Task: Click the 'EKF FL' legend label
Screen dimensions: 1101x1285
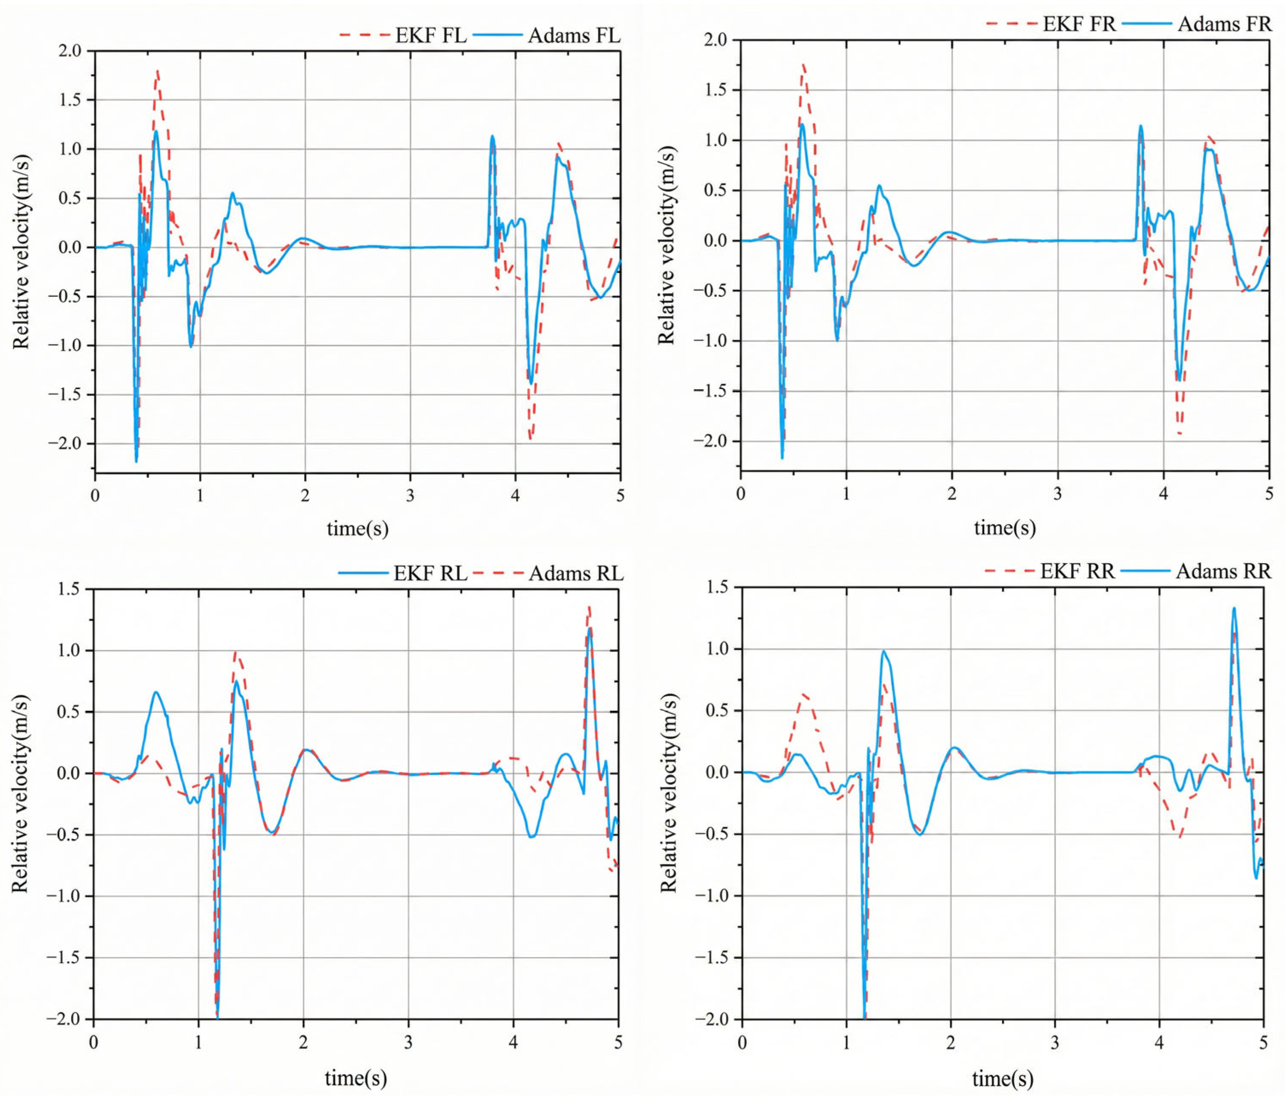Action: coord(431,35)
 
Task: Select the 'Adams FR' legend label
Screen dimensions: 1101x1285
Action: coord(1224,24)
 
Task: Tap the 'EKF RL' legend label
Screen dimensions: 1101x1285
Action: coord(431,573)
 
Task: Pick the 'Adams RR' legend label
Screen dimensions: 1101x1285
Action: coord(1223,571)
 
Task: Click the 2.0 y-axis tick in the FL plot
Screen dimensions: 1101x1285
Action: coord(70,51)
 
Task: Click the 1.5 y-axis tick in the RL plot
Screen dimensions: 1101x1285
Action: coord(69,589)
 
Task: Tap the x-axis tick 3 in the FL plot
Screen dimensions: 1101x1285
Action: coord(410,496)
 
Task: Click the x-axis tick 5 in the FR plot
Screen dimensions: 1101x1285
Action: coord(1269,494)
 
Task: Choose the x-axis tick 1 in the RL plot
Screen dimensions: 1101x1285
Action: coord(198,1042)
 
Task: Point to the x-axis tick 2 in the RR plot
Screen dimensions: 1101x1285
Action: coord(950,1042)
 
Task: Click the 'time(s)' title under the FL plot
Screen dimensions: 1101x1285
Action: coord(357,529)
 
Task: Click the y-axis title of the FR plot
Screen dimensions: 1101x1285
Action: coord(666,245)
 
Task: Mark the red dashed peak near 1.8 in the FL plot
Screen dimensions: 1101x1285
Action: coord(157,71)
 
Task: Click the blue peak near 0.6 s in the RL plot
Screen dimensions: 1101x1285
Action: coord(156,692)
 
